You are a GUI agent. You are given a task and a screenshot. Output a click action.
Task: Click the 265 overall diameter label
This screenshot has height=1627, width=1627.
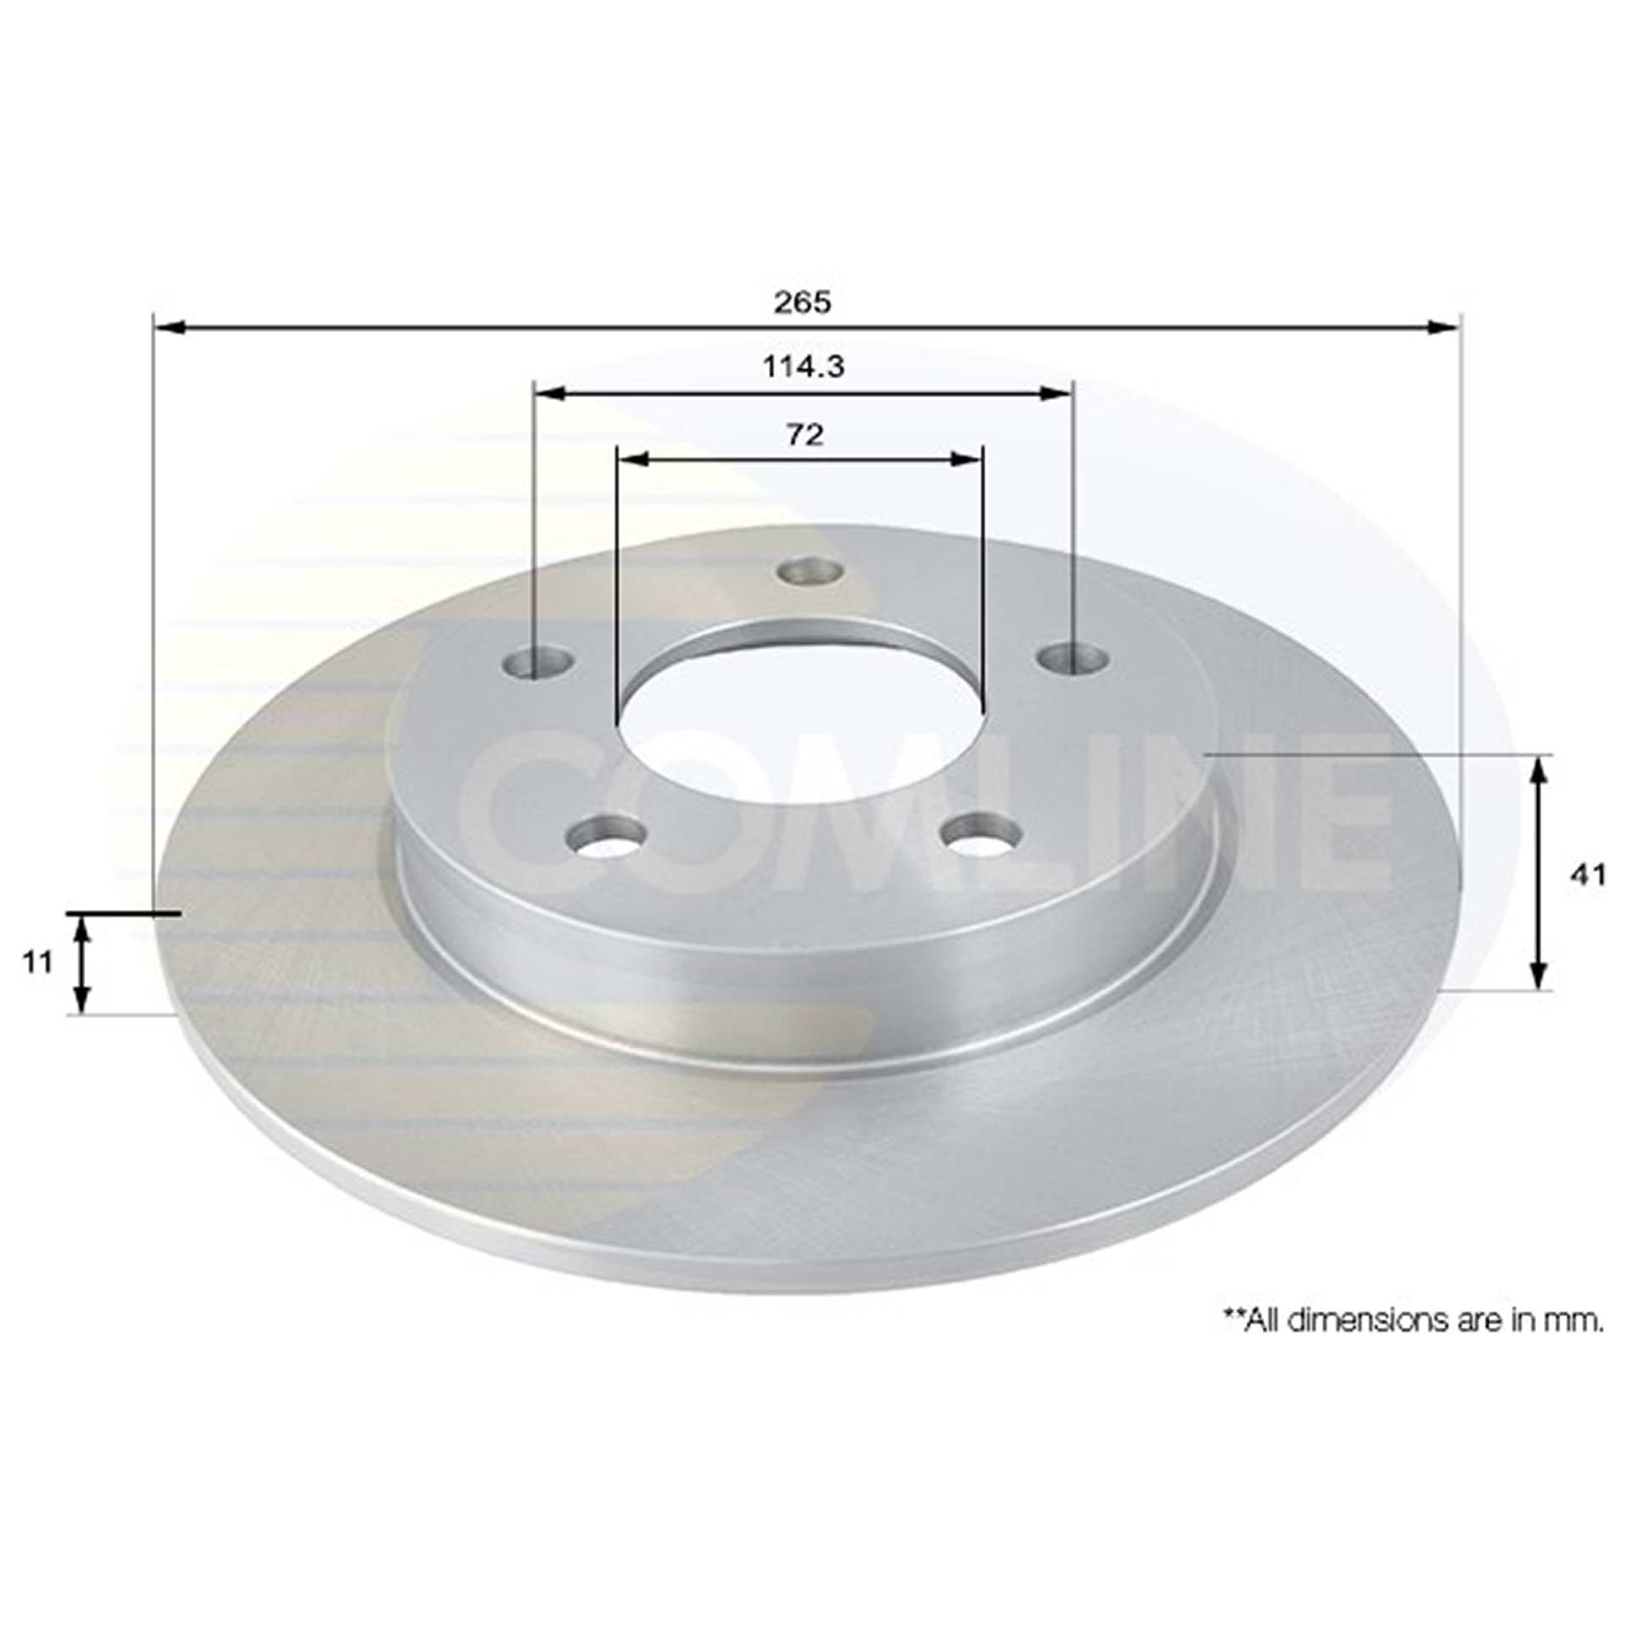(x=802, y=303)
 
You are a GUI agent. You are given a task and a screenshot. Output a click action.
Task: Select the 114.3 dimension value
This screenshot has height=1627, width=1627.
(x=803, y=367)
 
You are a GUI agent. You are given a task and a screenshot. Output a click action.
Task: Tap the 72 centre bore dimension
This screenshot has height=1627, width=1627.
(x=805, y=435)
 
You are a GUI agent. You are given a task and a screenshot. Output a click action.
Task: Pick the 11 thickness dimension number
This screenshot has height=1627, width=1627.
(x=37, y=962)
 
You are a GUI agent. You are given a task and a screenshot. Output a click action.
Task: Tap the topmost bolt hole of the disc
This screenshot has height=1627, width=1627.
(x=812, y=571)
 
